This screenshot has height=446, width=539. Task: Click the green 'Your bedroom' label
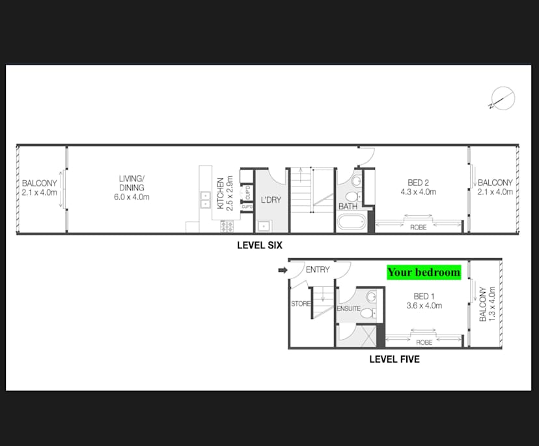[424, 272]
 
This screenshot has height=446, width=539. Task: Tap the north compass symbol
[503, 99]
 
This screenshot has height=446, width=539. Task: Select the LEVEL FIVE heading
[394, 359]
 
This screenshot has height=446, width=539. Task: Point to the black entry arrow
[282, 270]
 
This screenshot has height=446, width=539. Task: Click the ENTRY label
[317, 269]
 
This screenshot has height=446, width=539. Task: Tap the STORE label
[301, 303]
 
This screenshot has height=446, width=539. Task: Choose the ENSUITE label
[348, 308]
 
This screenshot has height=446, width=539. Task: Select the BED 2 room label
[418, 187]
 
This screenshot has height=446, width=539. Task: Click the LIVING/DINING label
[131, 187]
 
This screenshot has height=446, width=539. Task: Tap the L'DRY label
[271, 200]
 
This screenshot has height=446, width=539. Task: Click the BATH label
[346, 207]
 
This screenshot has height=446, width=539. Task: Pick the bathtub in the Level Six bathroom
[352, 222]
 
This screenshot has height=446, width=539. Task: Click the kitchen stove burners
[227, 226]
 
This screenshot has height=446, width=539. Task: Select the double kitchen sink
[204, 199]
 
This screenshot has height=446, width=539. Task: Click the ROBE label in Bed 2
[418, 228]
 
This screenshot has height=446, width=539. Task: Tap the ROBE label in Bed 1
[424, 342]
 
